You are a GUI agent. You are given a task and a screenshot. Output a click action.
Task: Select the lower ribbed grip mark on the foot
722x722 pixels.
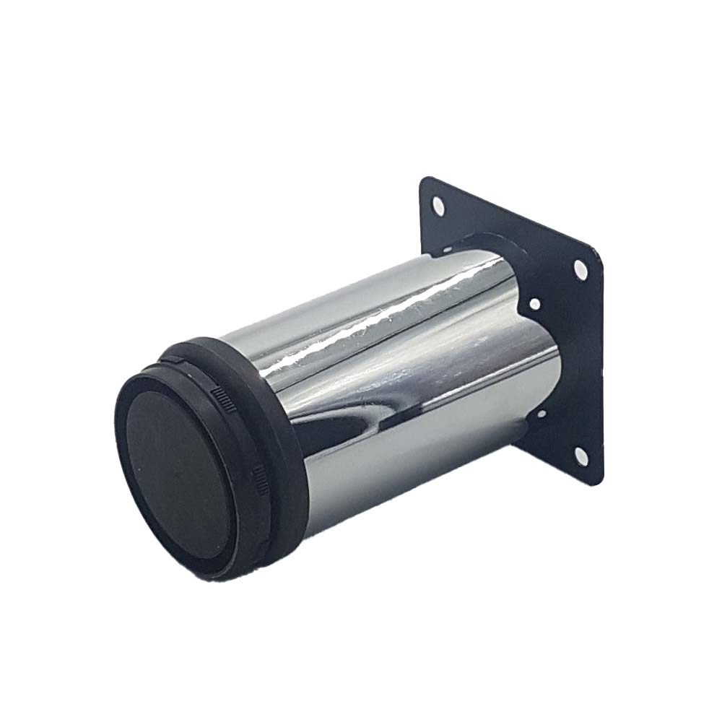point(258,477)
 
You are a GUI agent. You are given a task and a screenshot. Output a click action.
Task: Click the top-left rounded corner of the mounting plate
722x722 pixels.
point(424,180)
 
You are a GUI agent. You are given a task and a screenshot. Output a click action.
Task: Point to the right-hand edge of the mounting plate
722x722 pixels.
point(599,361)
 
